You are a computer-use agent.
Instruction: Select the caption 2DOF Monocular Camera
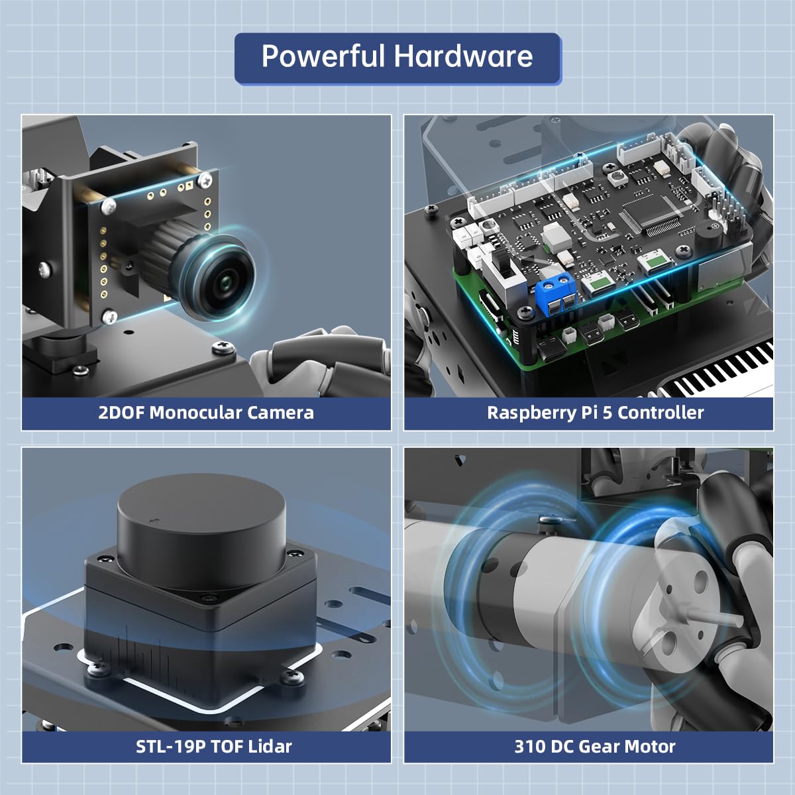[206, 413]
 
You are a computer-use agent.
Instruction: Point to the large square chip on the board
[651, 215]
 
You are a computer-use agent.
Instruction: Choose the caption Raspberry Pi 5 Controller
[595, 413]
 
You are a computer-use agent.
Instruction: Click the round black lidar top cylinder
[201, 527]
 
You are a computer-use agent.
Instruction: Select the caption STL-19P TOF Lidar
[213, 747]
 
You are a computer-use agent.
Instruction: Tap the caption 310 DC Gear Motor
[595, 747]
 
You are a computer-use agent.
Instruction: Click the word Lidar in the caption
[270, 747]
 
